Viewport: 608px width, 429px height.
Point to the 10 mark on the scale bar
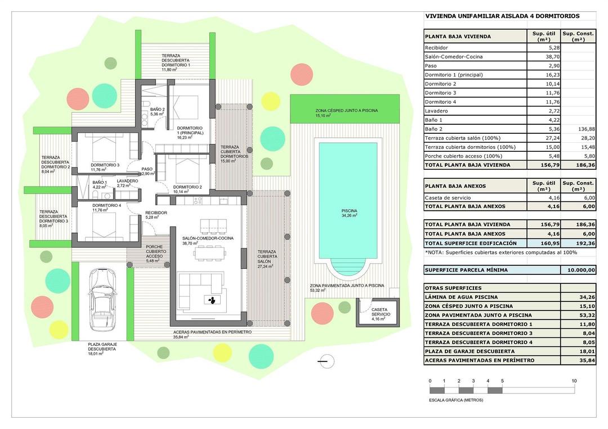[x=574, y=381]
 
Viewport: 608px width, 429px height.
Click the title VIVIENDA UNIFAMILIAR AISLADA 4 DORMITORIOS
[x=502, y=16]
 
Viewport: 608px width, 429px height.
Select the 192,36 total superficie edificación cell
[x=578, y=243]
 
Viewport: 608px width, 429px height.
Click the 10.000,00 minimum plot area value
[x=578, y=270]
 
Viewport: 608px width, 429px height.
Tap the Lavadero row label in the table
[x=436, y=111]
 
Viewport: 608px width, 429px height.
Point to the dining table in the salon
[x=211, y=254]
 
